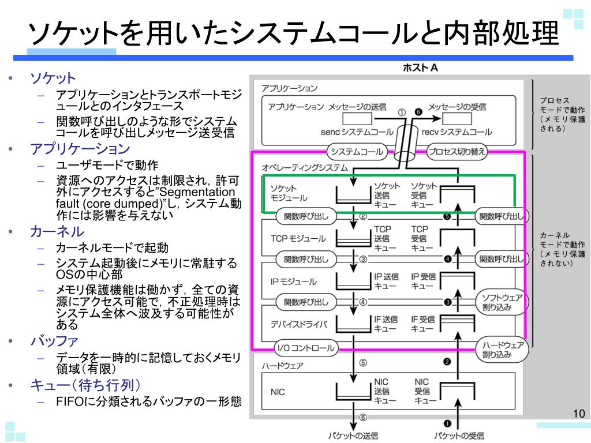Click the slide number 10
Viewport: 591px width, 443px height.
(579, 414)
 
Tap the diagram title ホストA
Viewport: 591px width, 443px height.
(420, 68)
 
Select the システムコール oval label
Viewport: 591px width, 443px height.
(356, 152)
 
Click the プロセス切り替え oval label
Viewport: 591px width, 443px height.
(457, 152)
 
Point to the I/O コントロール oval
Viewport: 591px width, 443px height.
(305, 347)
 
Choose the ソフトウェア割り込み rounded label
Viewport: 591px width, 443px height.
(502, 302)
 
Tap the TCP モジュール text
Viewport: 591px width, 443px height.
(298, 238)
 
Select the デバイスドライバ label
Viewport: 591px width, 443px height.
(298, 324)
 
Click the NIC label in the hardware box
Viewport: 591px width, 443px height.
(278, 392)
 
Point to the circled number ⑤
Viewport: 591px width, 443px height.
(363, 363)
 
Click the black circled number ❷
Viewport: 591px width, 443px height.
(447, 362)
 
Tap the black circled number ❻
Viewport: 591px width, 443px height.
(418, 112)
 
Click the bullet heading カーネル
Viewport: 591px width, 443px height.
(57, 232)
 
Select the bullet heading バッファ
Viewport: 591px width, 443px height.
(54, 341)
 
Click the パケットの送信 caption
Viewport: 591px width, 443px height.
(353, 436)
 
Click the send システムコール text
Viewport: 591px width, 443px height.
(357, 132)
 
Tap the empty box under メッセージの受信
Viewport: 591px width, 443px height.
(457, 119)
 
